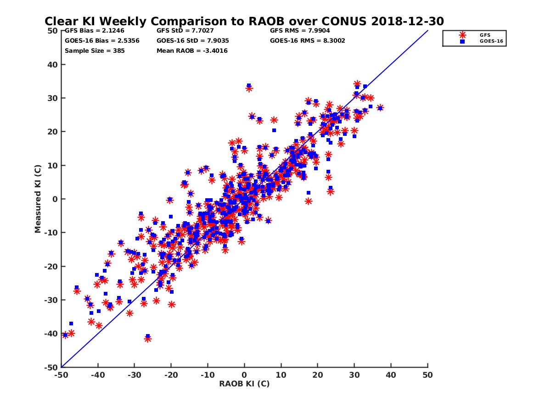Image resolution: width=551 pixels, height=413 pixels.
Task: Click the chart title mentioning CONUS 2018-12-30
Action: pos(244,21)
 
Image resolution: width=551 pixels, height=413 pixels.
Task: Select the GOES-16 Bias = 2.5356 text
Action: pos(102,41)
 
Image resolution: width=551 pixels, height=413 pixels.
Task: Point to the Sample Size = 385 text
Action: pos(95,51)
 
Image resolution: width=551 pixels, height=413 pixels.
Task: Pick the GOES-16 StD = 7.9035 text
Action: pos(193,41)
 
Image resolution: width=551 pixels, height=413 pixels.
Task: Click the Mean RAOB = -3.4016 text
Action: pos(192,51)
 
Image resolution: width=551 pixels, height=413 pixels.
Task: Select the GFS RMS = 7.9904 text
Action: pos(300,31)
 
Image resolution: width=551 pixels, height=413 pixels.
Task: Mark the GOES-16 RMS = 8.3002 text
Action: pos(307,41)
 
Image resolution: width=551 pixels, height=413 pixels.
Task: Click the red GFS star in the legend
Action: pos(462,35)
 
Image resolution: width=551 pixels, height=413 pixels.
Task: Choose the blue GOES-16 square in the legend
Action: pos(462,41)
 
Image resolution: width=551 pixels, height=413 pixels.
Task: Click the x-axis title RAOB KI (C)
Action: pos(244,384)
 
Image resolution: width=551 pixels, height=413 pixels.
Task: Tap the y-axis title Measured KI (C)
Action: pos(38,199)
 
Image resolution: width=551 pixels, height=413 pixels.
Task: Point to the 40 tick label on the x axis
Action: pos(391,375)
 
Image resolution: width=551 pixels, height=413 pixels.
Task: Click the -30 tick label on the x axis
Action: pos(134,375)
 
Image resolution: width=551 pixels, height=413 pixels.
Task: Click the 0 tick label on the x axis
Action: pos(244,375)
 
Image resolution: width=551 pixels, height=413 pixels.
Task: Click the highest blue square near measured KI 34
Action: pos(249,86)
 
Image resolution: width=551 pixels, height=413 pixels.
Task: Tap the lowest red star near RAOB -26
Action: pos(148,339)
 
